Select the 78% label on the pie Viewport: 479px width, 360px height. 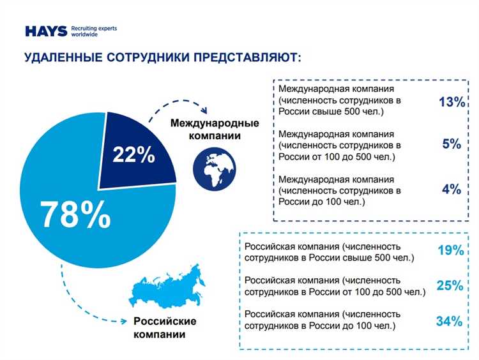pyautogui.click(x=75, y=214)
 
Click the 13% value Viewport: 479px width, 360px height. pyautogui.click(x=452, y=102)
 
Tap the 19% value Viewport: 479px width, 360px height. pyautogui.click(x=450, y=251)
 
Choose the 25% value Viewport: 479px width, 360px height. pyautogui.click(x=450, y=285)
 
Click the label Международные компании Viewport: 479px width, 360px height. pyautogui.click(x=214, y=129)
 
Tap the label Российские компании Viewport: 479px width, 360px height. pyautogui.click(x=164, y=327)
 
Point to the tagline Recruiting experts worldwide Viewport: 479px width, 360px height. pyautogui.click(x=94, y=31)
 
